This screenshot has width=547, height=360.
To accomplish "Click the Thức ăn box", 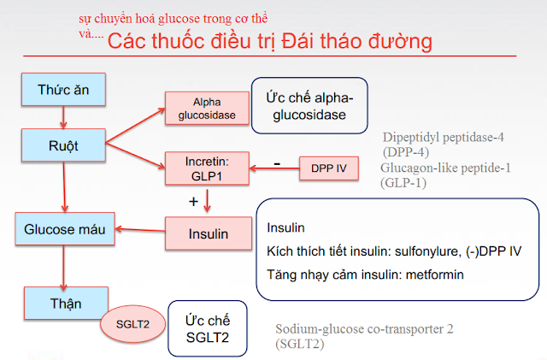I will click(65, 90).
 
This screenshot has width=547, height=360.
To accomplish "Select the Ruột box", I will click(65, 145).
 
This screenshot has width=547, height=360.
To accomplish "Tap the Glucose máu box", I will click(65, 230).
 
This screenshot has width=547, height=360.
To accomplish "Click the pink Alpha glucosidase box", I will click(201, 108).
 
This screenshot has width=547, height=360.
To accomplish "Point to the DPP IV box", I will click(328, 168).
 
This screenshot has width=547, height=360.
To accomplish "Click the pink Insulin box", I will click(208, 231).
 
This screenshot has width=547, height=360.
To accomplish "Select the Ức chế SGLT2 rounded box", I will click(207, 329).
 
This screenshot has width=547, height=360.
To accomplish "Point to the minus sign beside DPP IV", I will click(276, 162).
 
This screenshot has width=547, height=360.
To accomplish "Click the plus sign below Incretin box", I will click(193, 202).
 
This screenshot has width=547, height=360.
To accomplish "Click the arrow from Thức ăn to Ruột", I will click(65, 117).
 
